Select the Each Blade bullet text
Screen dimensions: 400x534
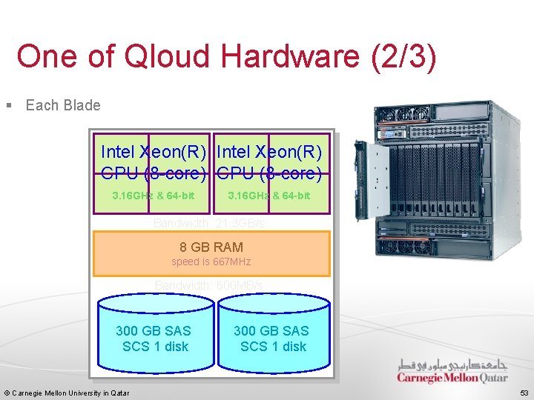click(x=63, y=105)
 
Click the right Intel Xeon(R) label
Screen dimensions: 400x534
click(x=270, y=153)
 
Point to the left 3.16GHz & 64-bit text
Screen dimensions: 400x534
click(x=153, y=196)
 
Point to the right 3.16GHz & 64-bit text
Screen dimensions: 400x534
click(x=269, y=196)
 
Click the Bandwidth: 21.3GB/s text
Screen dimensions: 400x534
click(x=209, y=223)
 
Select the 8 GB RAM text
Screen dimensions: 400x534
click(x=211, y=247)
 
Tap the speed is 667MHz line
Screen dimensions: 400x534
click(x=211, y=262)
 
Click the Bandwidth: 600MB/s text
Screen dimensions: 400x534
click(x=209, y=286)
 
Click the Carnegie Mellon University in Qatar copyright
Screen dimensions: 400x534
click(x=67, y=393)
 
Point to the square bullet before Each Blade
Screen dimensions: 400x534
click(x=9, y=105)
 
